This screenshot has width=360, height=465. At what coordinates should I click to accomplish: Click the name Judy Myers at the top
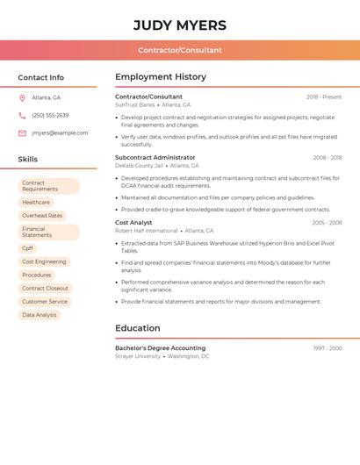click(180, 25)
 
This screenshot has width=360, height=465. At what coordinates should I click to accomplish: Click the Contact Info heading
click(41, 77)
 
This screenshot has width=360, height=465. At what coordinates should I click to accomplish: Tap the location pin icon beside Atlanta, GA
click(22, 97)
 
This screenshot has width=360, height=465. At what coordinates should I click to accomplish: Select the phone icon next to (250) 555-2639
click(22, 115)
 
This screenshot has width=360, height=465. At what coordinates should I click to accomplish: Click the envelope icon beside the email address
click(22, 133)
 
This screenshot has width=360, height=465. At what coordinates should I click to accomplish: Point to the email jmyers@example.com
click(60, 133)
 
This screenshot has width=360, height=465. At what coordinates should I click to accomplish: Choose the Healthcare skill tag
click(36, 203)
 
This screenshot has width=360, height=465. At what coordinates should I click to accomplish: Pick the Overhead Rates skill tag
click(42, 216)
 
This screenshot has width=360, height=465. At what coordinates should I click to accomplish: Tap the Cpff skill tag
click(27, 248)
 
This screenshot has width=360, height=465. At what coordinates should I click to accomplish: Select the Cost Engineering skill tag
click(44, 261)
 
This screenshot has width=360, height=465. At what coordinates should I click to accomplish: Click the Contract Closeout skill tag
click(45, 289)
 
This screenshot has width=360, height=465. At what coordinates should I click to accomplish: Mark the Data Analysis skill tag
click(40, 315)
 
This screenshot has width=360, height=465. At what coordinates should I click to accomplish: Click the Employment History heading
click(161, 77)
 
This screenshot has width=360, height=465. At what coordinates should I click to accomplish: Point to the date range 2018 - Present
click(324, 97)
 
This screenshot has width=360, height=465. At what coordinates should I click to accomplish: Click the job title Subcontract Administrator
click(155, 158)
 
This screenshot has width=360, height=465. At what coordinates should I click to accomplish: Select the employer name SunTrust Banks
click(134, 104)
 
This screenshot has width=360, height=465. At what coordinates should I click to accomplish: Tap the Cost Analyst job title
click(133, 223)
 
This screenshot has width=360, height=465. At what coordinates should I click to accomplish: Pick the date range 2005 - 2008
click(327, 223)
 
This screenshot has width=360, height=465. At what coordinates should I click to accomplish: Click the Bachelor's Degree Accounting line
click(160, 348)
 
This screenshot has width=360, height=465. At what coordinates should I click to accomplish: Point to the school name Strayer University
click(138, 356)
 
